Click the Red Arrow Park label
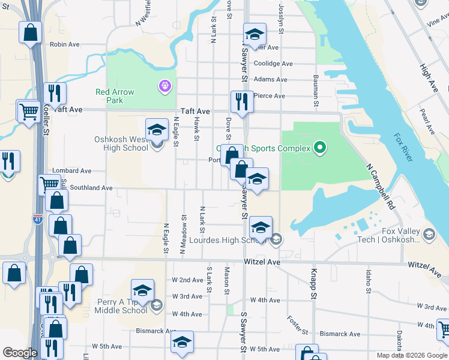tap(115, 96)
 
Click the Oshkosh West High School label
tap(121, 144)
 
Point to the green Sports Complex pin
tap(320, 148)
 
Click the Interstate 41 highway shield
tap(38, 220)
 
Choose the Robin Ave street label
tap(65, 44)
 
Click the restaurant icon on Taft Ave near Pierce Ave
tap(242, 101)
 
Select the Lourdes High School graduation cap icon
tap(261, 227)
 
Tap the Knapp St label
tap(313, 283)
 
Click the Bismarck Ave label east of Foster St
tap(340, 334)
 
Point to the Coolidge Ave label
tap(273, 64)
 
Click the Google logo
tap(20, 353)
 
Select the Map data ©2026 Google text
tap(412, 355)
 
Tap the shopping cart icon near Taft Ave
tap(28, 111)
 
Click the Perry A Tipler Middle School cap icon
tap(142, 290)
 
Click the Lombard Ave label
tap(71, 171)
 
